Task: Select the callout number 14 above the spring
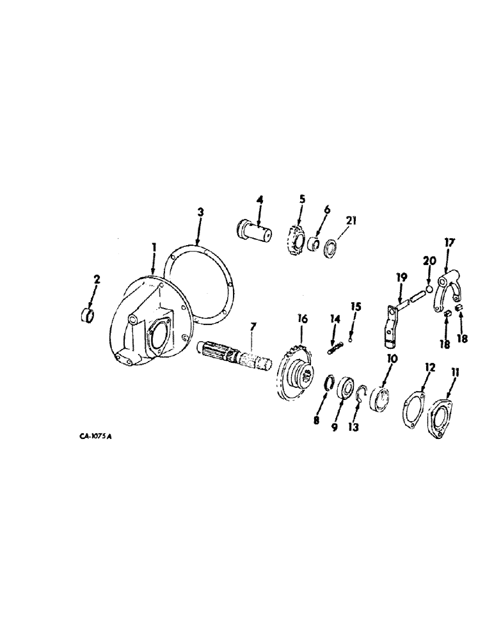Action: coord(334,318)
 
